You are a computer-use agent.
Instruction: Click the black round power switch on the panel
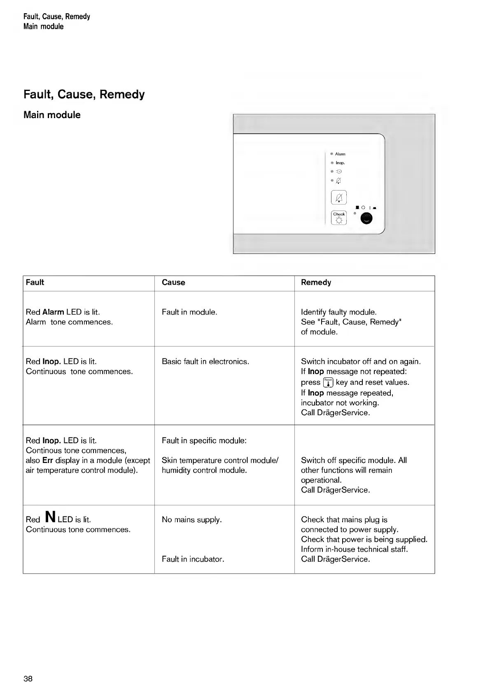[366, 219]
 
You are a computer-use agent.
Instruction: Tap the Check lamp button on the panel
[339, 218]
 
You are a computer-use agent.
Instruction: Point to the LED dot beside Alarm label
[332, 154]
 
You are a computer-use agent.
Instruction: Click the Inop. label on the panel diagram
[340, 163]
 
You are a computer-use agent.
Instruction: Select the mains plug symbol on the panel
[339, 172]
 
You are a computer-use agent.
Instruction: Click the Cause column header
[173, 282]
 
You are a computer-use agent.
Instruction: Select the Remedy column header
[316, 282]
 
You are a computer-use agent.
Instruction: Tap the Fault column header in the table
[35, 282]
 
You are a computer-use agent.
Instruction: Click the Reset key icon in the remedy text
[328, 382]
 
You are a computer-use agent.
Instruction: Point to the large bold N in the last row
[50, 516]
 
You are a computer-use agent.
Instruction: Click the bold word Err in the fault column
[47, 460]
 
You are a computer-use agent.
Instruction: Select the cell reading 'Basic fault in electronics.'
[205, 362]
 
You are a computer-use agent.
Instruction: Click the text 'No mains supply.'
[191, 520]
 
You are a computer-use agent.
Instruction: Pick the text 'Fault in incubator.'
[193, 559]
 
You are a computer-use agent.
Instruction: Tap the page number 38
[28, 679]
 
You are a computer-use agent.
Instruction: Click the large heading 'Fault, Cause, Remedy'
[84, 94]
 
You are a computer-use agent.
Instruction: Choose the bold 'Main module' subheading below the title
[52, 115]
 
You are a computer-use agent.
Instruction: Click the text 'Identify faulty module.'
[338, 312]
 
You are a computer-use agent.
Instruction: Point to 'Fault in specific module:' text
[204, 441]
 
